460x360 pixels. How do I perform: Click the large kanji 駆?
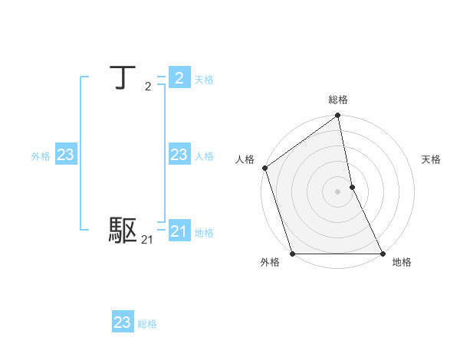pos(123,230)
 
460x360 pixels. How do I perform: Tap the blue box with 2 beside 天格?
pos(179,78)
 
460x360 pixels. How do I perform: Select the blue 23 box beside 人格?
pos(179,155)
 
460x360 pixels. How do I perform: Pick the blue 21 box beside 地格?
pos(179,231)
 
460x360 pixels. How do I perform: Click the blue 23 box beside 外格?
pos(66,155)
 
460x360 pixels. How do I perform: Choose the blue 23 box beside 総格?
pos(123,322)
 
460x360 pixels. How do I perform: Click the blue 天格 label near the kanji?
pos(204,80)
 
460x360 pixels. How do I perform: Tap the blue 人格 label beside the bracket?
pos(204,156)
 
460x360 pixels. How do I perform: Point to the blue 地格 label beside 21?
pos(204,233)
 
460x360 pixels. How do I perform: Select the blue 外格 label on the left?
pos(41,156)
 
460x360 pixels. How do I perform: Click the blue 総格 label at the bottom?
pos(147,324)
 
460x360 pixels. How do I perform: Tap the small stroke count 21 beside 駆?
pos(147,241)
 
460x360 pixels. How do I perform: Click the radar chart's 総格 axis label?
pos(338,100)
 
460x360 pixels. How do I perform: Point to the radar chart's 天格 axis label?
pos(431,159)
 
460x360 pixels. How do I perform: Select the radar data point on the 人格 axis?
pos(264,168)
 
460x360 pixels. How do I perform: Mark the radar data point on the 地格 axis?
pos(383,254)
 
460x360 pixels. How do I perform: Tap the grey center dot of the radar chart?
pos(338,191)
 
